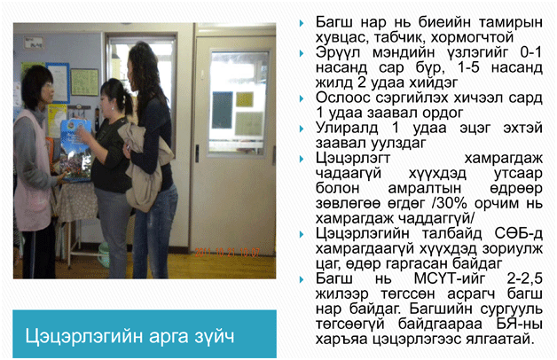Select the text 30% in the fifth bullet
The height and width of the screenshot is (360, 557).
pos(451,203)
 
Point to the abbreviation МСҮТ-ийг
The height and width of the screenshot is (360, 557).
pos(449,278)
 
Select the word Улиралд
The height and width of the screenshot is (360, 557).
pos(347,128)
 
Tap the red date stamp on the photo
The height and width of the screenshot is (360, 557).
pos(227,253)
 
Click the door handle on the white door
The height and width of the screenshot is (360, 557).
pos(197,153)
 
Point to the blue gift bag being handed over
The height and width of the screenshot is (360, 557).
pos(75,151)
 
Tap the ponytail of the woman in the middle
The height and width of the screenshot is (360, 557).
pos(129,103)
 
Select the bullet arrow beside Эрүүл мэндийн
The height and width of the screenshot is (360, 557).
pos(302,53)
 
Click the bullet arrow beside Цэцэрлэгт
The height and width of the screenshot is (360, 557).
pos(302,159)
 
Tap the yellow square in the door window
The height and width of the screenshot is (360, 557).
pos(245,99)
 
